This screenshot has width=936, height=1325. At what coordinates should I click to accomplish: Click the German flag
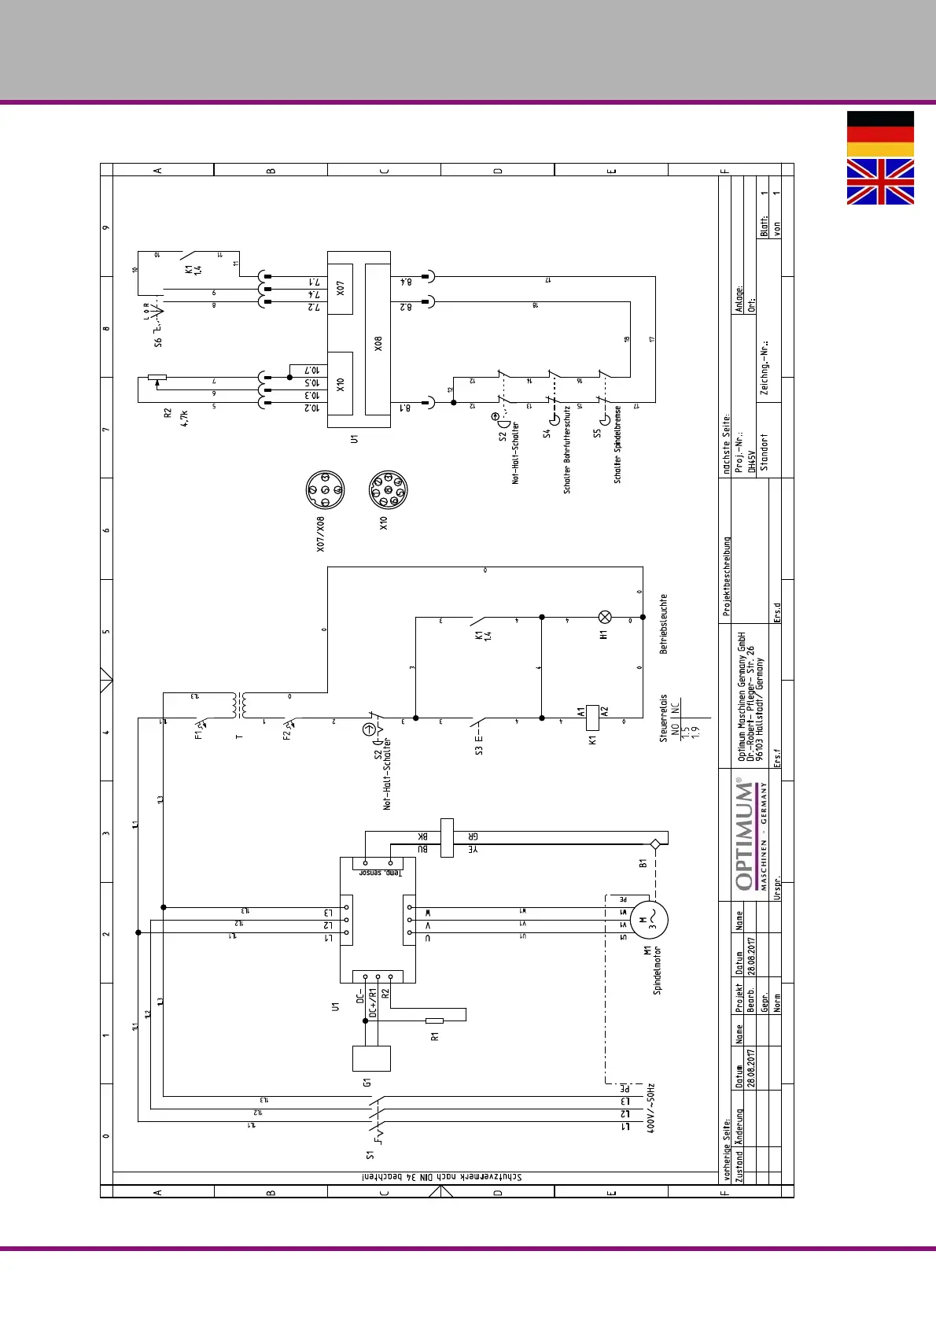(880, 134)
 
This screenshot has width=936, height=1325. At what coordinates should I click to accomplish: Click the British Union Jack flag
(880, 182)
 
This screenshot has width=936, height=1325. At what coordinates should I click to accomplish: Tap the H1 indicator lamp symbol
(605, 618)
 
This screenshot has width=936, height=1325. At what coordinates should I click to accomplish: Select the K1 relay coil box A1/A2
(593, 718)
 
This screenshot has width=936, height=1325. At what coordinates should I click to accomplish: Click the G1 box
(371, 1058)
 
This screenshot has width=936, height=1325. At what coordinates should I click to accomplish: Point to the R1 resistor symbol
(434, 1021)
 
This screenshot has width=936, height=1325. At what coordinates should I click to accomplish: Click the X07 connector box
(340, 289)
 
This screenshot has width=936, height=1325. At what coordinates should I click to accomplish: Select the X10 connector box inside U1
(340, 384)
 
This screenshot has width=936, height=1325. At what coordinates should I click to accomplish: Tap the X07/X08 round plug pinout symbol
(325, 491)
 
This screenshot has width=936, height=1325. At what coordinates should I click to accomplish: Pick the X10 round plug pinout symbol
(388, 491)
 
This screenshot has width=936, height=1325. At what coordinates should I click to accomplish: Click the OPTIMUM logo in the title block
(743, 834)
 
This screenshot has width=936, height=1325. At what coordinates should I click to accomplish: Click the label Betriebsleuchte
(663, 624)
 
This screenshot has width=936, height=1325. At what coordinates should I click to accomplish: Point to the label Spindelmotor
(658, 970)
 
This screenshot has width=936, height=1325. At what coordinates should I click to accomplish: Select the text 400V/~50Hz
(650, 1107)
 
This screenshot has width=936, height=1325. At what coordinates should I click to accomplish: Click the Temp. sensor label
(381, 873)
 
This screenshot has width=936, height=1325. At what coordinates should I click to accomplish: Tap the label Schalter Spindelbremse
(617, 445)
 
